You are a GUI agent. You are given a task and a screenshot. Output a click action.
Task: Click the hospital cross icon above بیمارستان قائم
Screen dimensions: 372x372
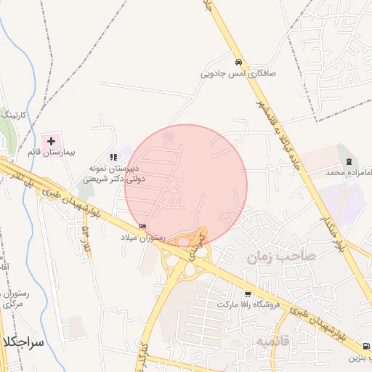pyautogui.click(x=51, y=140)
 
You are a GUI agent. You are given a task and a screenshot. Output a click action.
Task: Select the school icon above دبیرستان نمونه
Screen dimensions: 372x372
pyautogui.click(x=113, y=157)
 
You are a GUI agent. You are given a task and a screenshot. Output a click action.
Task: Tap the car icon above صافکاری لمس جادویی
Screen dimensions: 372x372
pyautogui.click(x=239, y=62)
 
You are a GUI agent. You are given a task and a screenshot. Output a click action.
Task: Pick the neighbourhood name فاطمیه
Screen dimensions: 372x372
pyautogui.click(x=272, y=339)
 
